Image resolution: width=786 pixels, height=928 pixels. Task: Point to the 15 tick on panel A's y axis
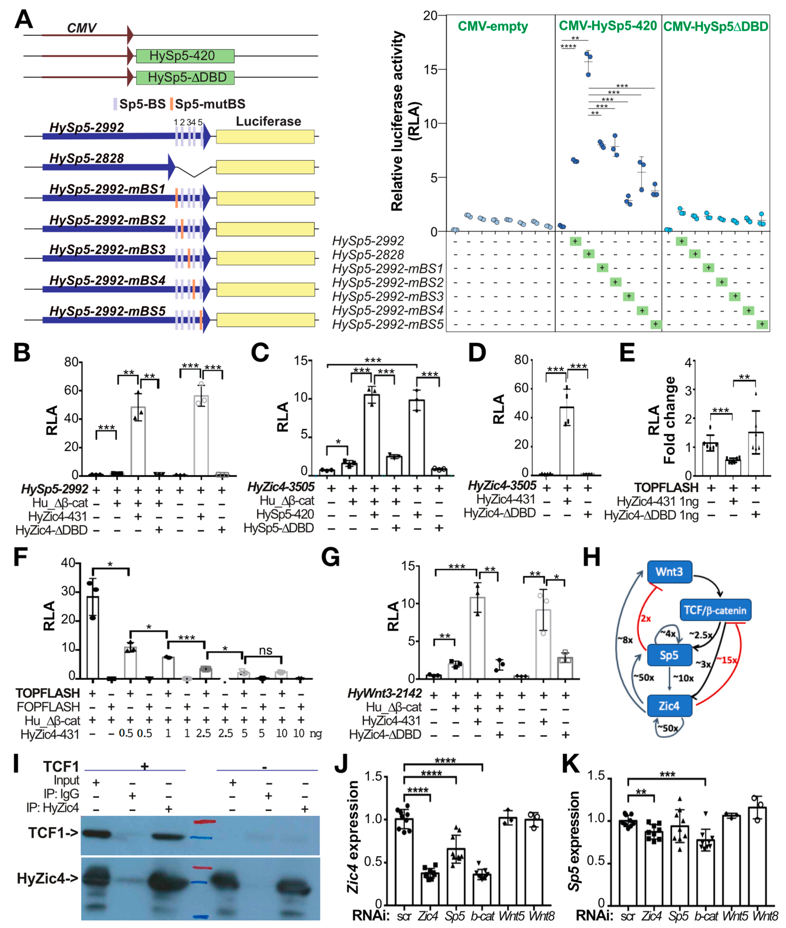tap(430, 70)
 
